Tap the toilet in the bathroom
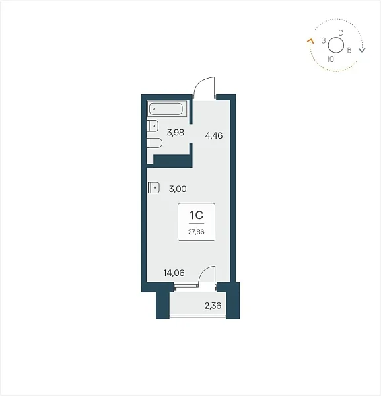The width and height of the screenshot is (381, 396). tap(155, 143)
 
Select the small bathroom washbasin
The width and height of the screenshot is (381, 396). tap(153, 126)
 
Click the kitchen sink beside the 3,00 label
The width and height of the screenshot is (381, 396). tap(154, 187)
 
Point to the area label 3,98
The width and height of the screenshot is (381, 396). tap(176, 133)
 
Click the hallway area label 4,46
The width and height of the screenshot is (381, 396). tap(214, 135)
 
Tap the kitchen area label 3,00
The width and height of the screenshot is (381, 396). tap(178, 189)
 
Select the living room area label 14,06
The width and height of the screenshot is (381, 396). tap(174, 273)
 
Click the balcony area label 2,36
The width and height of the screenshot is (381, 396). tap(213, 306)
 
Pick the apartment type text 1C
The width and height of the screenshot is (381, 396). tap(196, 215)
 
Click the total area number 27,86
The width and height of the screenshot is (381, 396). tap(196, 232)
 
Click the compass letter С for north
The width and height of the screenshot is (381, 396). tap(341, 33)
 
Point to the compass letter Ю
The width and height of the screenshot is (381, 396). tap(330, 59)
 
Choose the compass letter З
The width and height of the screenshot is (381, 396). tap(324, 40)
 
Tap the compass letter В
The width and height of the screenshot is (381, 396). tap(349, 50)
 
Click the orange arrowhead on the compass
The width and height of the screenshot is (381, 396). tap(310, 41)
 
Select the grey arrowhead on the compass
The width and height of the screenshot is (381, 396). tap(363, 50)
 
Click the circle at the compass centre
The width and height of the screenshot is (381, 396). tap(336, 38)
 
